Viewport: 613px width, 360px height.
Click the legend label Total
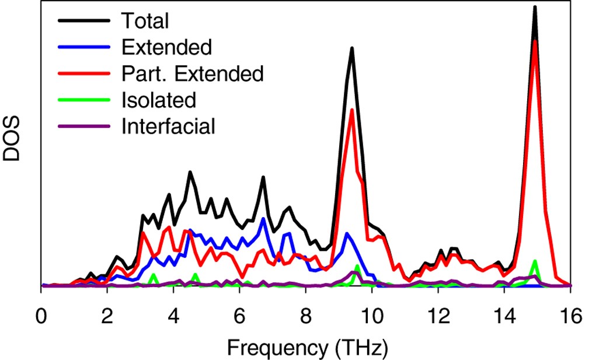click(145, 21)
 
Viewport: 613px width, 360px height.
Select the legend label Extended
click(166, 47)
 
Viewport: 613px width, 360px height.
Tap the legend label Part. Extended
click(193, 74)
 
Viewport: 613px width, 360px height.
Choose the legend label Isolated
click(158, 100)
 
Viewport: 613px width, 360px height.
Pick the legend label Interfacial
click(169, 126)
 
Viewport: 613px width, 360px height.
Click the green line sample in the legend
click(83, 100)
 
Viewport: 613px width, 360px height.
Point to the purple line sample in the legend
click(83, 126)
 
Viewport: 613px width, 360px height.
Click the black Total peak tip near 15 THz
click(535, 7)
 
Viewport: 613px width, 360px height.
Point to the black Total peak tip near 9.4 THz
click(352, 48)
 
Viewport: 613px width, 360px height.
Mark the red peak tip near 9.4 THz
click(352, 110)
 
